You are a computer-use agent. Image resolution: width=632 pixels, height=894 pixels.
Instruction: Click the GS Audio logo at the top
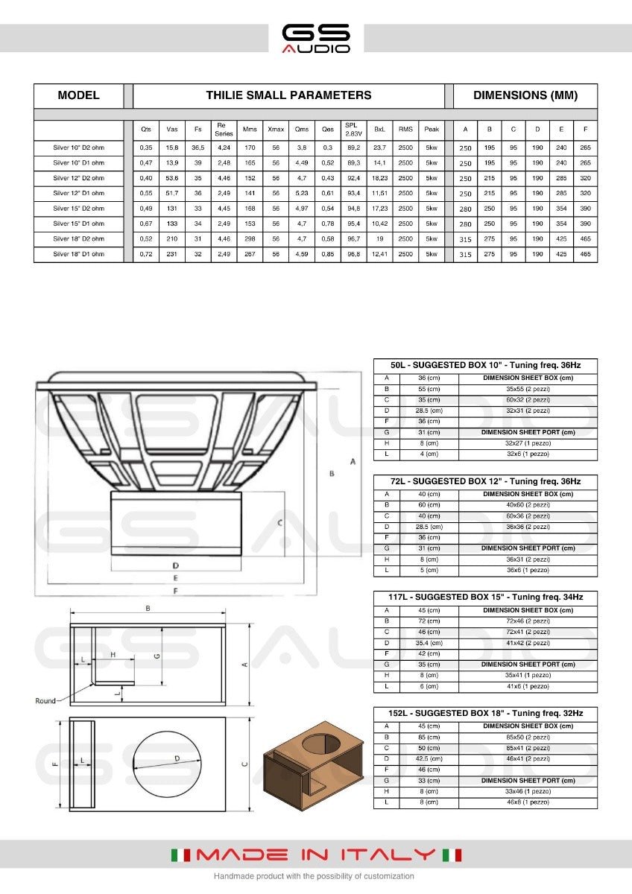click(316, 38)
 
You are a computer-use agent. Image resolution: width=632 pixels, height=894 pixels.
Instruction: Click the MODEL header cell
click(78, 95)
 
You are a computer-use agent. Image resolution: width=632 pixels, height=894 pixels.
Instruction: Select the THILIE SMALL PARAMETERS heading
click(288, 95)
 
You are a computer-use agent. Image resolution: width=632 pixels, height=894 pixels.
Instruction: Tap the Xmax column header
click(276, 129)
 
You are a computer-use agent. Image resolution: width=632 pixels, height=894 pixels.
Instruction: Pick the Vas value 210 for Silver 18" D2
click(172, 239)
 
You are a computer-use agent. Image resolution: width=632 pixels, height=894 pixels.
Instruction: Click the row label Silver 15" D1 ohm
click(78, 223)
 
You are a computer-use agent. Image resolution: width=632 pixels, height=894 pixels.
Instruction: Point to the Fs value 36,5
click(197, 148)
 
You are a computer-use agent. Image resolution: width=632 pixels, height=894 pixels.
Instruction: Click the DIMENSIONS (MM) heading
click(525, 95)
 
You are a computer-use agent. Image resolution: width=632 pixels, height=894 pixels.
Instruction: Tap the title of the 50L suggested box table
click(485, 365)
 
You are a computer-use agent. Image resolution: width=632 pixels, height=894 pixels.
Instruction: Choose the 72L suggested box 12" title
click(485, 481)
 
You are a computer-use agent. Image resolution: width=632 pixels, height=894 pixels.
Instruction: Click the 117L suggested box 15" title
click(485, 597)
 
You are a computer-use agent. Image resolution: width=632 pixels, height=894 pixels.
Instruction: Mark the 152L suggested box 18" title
click(485, 713)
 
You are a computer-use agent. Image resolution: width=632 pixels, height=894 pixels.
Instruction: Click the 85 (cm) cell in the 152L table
click(429, 737)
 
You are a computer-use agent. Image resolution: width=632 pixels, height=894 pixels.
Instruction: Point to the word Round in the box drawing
click(45, 701)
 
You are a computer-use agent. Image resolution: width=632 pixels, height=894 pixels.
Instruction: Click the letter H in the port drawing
click(113, 654)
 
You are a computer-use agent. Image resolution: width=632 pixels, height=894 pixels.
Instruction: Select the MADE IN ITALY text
click(316, 855)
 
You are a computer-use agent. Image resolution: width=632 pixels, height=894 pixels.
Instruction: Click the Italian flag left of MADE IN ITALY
click(182, 855)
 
